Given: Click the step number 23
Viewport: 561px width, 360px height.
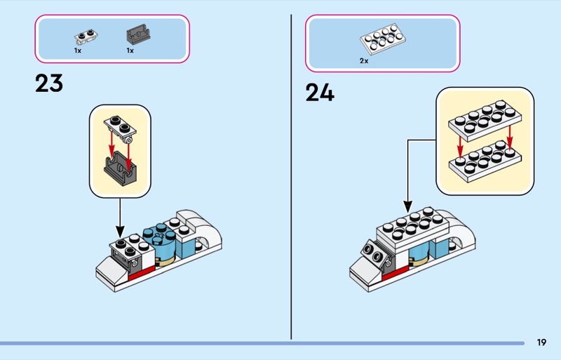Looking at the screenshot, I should (49, 84).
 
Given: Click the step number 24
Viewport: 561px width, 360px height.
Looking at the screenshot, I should (319, 93).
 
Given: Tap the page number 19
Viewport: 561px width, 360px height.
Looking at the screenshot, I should (541, 342).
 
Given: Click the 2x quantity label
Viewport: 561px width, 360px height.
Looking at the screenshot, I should (364, 61).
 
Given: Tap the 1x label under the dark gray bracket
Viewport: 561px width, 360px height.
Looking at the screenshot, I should (130, 51).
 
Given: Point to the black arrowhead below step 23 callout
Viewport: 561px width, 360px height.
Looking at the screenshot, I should (119, 232).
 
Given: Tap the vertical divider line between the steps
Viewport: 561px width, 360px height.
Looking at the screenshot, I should (291, 175).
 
